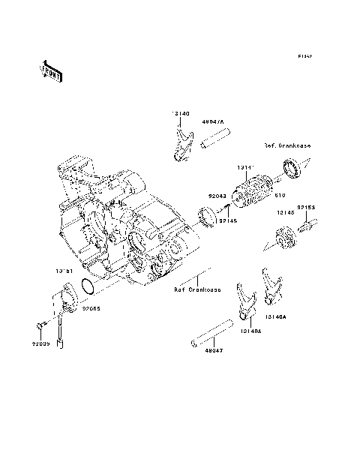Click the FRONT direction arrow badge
[52, 70]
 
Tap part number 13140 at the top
[181, 113]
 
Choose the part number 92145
[227, 220]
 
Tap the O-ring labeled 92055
[87, 288]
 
